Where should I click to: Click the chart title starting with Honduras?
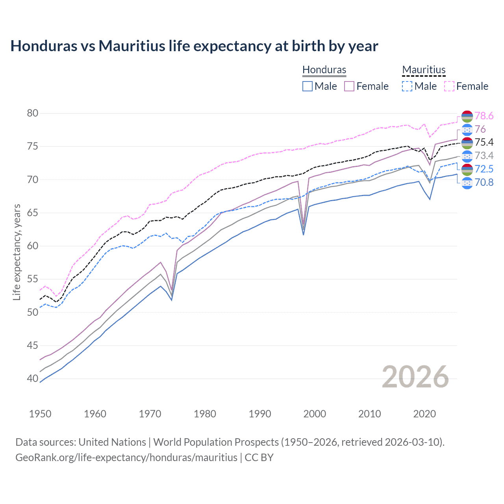point(194,46)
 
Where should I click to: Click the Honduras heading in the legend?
point(324,70)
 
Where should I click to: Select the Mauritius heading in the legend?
point(424,70)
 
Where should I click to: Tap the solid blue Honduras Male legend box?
point(308,86)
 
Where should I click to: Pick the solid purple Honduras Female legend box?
point(349,86)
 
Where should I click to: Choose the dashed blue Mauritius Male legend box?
point(407,86)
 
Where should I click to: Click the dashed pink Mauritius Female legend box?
point(449,86)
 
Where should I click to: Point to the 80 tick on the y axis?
point(33,113)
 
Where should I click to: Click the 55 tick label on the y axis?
point(33,279)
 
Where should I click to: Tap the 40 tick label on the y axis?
point(33,379)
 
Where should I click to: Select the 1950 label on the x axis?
point(40,414)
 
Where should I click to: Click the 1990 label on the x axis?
point(260,414)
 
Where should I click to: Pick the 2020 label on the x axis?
point(424,414)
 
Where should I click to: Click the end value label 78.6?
point(484,116)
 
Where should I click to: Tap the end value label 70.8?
point(484,183)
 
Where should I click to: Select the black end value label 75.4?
point(484,143)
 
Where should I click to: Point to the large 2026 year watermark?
point(415,377)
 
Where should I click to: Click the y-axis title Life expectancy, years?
point(17,252)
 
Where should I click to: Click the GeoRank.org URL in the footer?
point(126,458)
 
